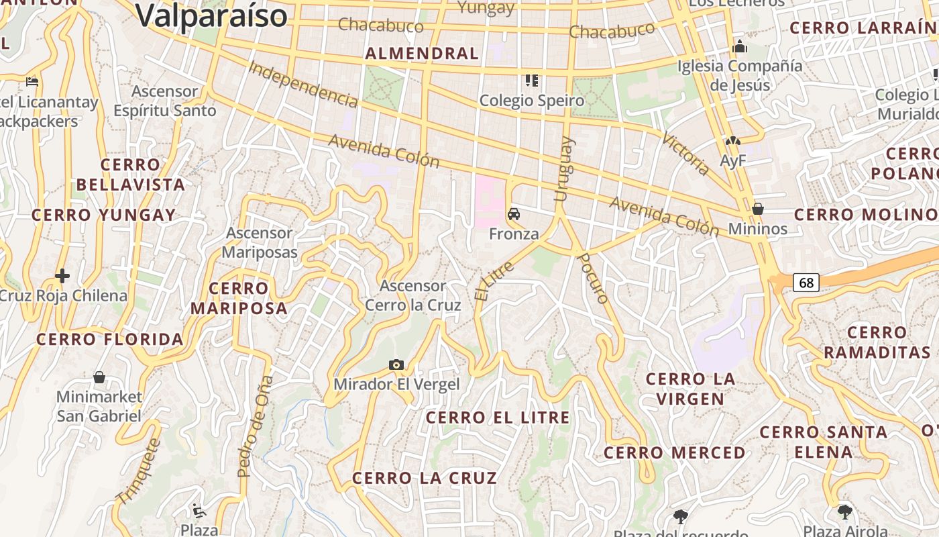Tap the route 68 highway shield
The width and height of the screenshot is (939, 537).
point(806,283)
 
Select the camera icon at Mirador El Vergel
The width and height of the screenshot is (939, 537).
point(396,364)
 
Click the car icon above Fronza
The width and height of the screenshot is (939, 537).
point(514,214)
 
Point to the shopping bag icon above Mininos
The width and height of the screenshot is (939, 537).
point(758,209)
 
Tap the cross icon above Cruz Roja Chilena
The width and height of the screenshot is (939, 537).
point(62,275)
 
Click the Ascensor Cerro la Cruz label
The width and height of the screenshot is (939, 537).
point(412,295)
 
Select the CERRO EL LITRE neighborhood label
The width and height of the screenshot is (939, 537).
point(498,418)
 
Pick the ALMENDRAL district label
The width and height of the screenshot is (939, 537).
point(422,54)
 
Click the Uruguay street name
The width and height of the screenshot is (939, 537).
point(563,168)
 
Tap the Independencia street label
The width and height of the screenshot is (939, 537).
point(302,84)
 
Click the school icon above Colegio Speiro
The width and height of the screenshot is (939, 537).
point(532,81)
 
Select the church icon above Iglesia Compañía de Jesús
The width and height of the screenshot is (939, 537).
point(740,46)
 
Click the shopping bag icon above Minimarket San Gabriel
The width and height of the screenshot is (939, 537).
point(99,377)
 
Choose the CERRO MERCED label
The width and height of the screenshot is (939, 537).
point(674,453)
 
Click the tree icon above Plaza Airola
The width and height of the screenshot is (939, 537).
point(844,512)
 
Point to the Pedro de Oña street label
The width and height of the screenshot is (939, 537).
point(255,426)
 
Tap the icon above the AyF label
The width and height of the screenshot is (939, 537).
point(732,142)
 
